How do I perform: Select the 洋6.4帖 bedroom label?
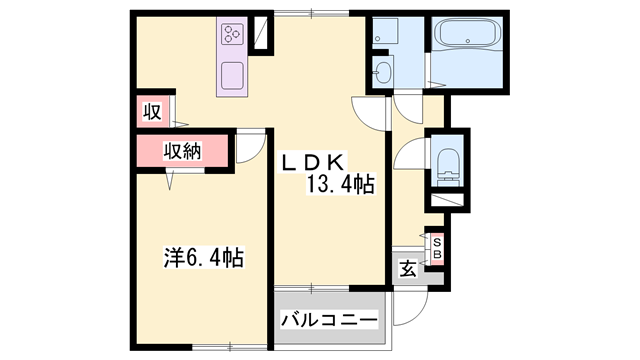(x=204, y=257)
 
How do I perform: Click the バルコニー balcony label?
(x=329, y=321)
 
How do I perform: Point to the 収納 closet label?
(x=183, y=151)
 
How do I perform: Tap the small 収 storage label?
(x=151, y=111)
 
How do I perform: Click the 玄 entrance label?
(x=409, y=267)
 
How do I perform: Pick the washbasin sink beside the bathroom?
(x=384, y=70)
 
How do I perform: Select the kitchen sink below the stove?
(x=232, y=76)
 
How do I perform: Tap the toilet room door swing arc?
(x=408, y=155)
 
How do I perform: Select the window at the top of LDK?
(x=311, y=13)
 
